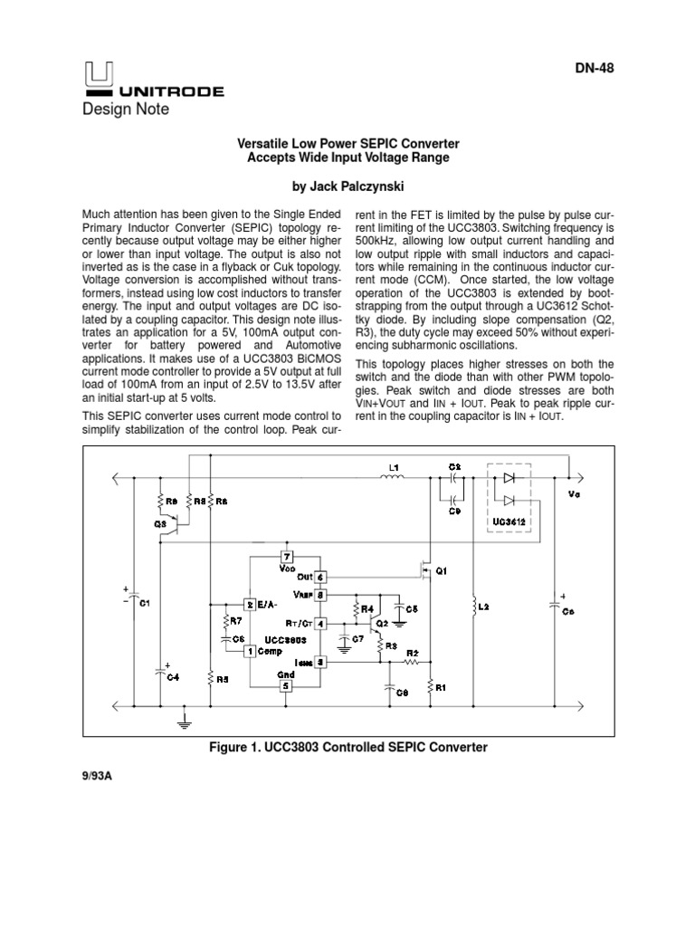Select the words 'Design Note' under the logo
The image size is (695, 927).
pos(126,110)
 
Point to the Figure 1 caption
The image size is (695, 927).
pos(347,747)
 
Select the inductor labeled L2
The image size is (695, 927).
pos(473,607)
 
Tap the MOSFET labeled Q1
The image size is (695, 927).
pos(426,571)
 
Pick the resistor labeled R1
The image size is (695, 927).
pos(430,687)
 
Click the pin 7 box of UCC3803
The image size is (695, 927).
pos(287,556)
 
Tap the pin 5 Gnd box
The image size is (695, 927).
pos(286,685)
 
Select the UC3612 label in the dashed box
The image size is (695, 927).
pos(509,524)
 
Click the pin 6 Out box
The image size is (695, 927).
pos(319,576)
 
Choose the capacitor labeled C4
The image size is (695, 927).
pos(160,674)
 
